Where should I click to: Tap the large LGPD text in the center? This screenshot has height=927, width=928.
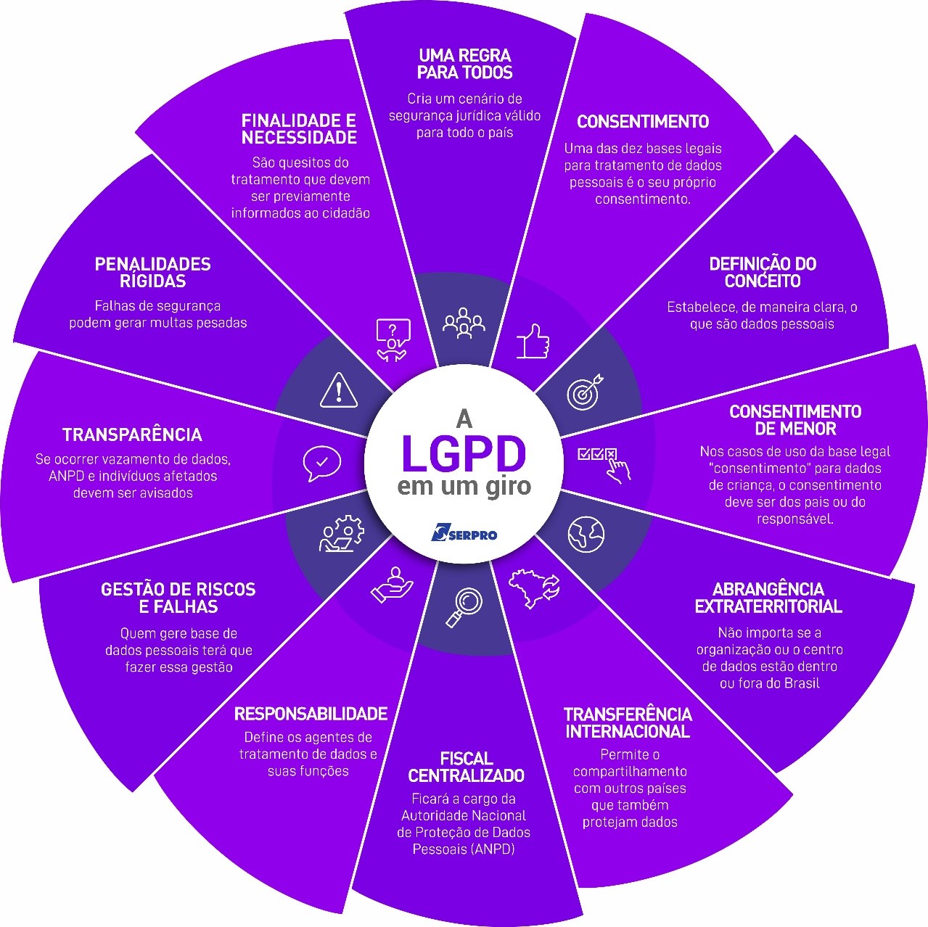464,455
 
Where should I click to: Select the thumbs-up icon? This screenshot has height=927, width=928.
533,341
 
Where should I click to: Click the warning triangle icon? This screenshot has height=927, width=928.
338,390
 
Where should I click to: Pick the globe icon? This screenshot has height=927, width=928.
586,535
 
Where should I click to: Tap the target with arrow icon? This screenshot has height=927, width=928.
584,392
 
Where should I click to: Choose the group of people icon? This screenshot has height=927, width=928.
464,324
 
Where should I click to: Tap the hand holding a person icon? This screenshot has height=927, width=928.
393,585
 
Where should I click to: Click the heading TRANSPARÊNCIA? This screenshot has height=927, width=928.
132,434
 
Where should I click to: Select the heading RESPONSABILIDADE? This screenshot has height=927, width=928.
311,714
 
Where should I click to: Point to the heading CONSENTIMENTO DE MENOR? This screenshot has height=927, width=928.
795,420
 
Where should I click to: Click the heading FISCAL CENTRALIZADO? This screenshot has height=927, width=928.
466,767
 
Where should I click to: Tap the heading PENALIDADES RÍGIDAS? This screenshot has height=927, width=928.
152,272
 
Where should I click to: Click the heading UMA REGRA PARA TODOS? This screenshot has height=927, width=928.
464,64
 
